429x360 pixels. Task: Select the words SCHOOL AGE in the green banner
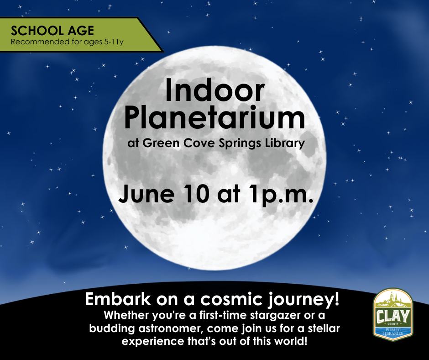[52, 31]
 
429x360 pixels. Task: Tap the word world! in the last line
[290, 342]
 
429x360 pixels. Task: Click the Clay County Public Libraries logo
[393, 315]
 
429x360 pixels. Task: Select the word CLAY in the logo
[393, 315]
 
